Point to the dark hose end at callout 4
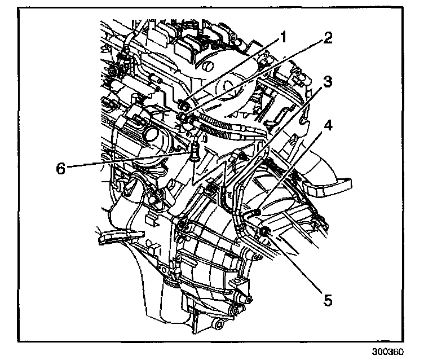[253, 213]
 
